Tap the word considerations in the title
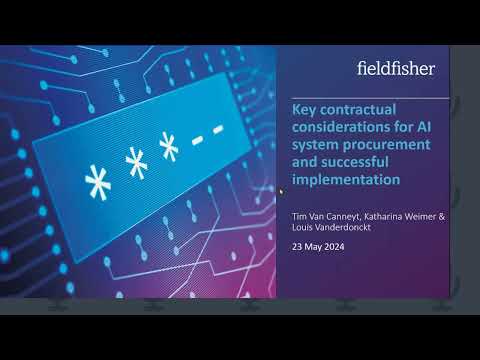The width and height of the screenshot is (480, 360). tap(342, 128)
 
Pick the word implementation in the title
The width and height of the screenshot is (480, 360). tap(344, 180)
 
